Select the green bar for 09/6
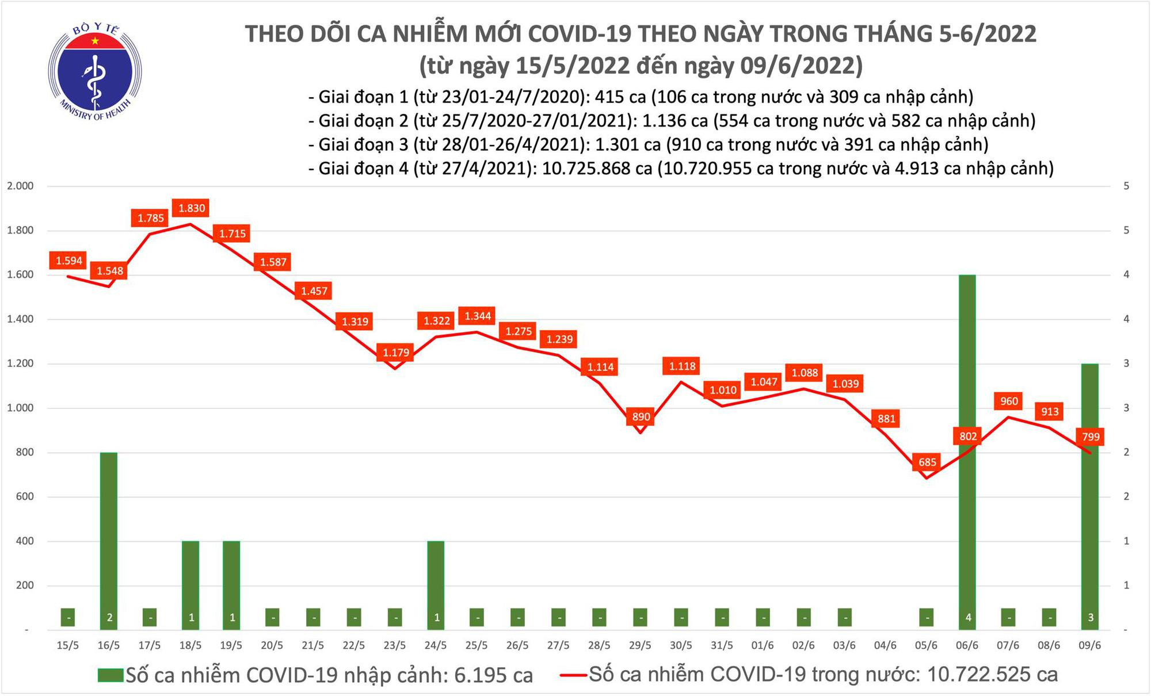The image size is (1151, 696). (x=1090, y=518)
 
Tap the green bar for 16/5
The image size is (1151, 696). (x=109, y=535)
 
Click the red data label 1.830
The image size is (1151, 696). (x=192, y=208)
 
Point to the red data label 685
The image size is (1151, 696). (x=927, y=462)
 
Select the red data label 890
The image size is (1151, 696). (x=641, y=417)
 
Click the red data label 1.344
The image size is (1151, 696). (x=478, y=316)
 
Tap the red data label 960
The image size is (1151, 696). (x=1009, y=401)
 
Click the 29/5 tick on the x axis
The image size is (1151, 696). (x=640, y=646)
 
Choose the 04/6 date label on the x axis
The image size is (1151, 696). (x=885, y=646)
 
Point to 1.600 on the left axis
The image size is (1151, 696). (x=20, y=275)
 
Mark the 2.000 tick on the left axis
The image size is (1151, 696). (x=20, y=186)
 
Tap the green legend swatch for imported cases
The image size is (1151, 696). (x=110, y=675)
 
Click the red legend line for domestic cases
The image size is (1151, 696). (x=573, y=675)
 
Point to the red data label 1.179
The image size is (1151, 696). (x=396, y=352)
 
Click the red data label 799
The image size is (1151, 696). (x=1091, y=437)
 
